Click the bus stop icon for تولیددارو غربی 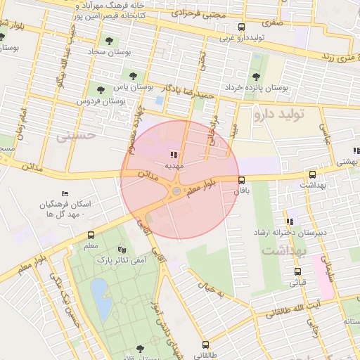click(242, 27)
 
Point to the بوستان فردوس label click(101, 101)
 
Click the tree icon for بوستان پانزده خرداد click(255, 76)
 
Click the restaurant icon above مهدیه click(173, 154)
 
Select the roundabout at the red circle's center click(176, 191)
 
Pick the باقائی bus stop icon click(242, 180)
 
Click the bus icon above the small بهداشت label click(312, 174)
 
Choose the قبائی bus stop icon click(297, 271)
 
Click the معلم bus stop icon click(91, 236)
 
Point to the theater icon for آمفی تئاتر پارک click(122, 249)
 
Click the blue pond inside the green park click(100, 292)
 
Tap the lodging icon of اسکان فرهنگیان click(65, 193)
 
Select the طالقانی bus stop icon click(205, 345)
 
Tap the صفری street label click(271, 22)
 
